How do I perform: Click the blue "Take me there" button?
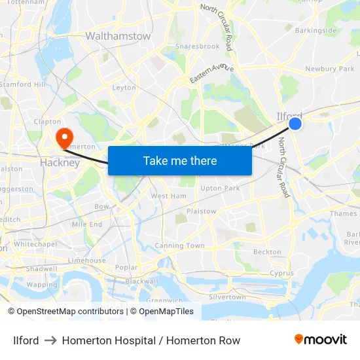[x=180, y=160]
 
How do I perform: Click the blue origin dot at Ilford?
[x=295, y=123]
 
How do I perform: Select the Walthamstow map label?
[x=118, y=37]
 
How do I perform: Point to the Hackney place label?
[x=60, y=162]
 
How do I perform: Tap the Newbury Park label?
[x=329, y=69]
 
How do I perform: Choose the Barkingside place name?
[x=316, y=30]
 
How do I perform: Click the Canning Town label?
[x=179, y=246]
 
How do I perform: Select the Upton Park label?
[x=220, y=189]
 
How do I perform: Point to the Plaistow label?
[x=201, y=211]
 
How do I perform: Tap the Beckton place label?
[x=267, y=252]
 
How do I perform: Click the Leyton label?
[x=124, y=88]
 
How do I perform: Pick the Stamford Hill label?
[x=23, y=84]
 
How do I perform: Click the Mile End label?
[x=87, y=225]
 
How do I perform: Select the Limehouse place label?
[x=86, y=261]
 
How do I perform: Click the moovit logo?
[x=321, y=340]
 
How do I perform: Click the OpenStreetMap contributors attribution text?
[x=65, y=312]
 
